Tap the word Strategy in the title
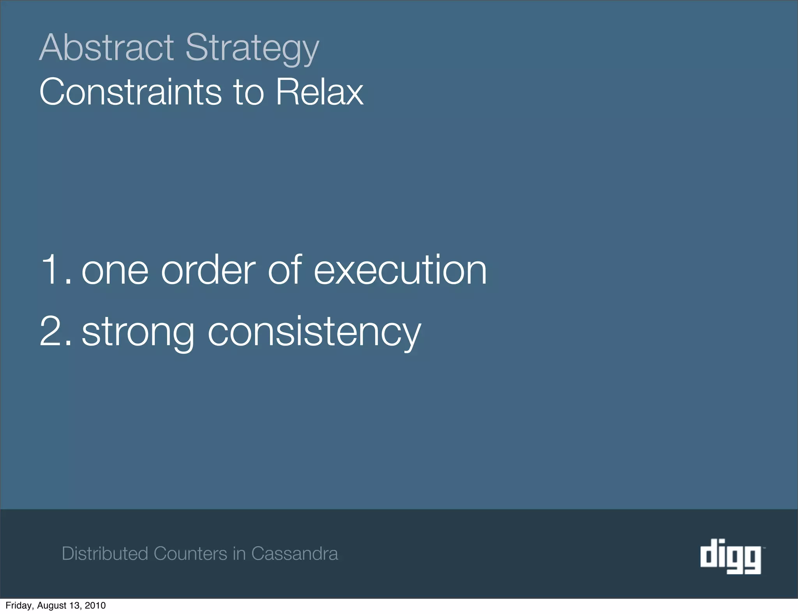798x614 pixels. pos(252,48)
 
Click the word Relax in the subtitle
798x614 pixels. pos(320,92)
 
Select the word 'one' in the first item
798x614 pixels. pos(115,271)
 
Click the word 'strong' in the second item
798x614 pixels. pos(138,333)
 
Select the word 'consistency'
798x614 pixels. pos(314,333)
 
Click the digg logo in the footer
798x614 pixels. pos(731,556)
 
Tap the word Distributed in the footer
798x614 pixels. pos(105,554)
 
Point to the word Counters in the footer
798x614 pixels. pos(190,554)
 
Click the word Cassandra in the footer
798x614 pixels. pos(295,554)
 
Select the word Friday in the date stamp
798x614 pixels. pos(19,605)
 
